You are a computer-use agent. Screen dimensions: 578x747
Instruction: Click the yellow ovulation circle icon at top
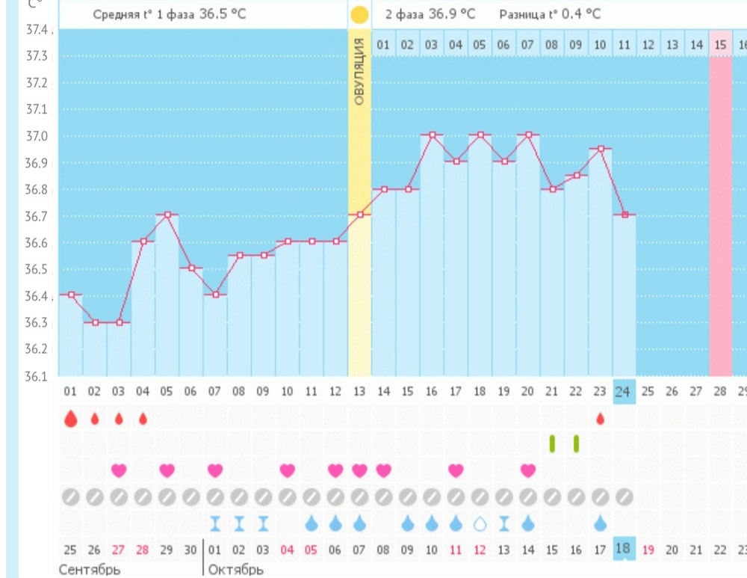(x=359, y=14)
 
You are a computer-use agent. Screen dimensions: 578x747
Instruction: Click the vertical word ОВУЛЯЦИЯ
(x=359, y=71)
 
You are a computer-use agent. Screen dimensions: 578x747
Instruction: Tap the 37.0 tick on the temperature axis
(x=37, y=136)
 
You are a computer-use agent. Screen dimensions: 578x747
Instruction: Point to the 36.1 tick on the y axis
(x=37, y=376)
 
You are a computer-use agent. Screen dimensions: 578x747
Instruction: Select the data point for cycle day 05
(x=167, y=215)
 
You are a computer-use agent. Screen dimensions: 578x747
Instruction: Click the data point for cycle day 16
(x=432, y=135)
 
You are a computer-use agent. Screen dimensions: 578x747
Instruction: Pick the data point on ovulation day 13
(x=359, y=215)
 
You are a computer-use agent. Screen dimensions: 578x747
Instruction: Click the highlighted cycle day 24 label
(x=624, y=390)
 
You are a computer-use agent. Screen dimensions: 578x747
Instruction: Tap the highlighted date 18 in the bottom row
(x=624, y=549)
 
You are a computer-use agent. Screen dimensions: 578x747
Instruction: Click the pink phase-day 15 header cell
(x=720, y=45)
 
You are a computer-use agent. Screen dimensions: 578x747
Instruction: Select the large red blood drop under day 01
(x=70, y=418)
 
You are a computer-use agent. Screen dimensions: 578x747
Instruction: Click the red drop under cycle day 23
(x=600, y=419)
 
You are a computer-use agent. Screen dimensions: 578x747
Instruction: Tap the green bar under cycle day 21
(x=552, y=443)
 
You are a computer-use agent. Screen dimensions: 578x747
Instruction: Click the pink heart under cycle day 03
(x=119, y=470)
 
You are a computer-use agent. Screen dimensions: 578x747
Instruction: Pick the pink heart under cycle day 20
(x=528, y=470)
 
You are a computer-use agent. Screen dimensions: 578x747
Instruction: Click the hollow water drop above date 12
(x=480, y=523)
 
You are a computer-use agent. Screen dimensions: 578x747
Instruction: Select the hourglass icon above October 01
(x=215, y=523)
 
